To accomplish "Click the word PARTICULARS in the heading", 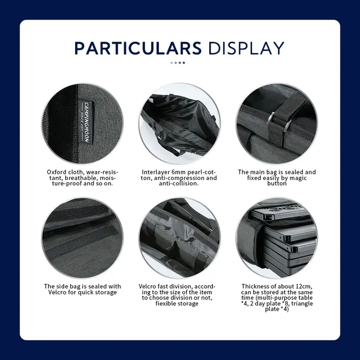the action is click(138, 48).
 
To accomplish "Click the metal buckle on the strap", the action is click(279, 121).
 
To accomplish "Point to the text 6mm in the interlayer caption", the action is click(178, 172).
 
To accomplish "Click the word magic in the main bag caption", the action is click(298, 178).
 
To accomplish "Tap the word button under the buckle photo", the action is click(277, 184).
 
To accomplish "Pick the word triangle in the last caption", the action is click(302, 303).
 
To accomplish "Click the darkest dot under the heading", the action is click(184, 63).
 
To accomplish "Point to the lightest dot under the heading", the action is click(172, 63).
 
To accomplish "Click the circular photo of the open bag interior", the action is click(179, 124).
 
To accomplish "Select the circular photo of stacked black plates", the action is click(277, 238).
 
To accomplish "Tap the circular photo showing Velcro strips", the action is click(82, 238).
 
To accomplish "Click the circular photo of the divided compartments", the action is click(179, 238).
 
